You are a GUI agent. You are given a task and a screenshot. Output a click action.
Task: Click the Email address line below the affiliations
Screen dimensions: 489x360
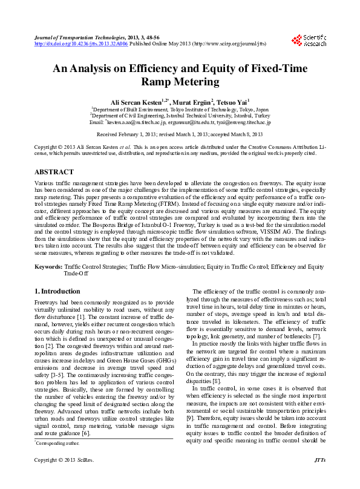(180, 122)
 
